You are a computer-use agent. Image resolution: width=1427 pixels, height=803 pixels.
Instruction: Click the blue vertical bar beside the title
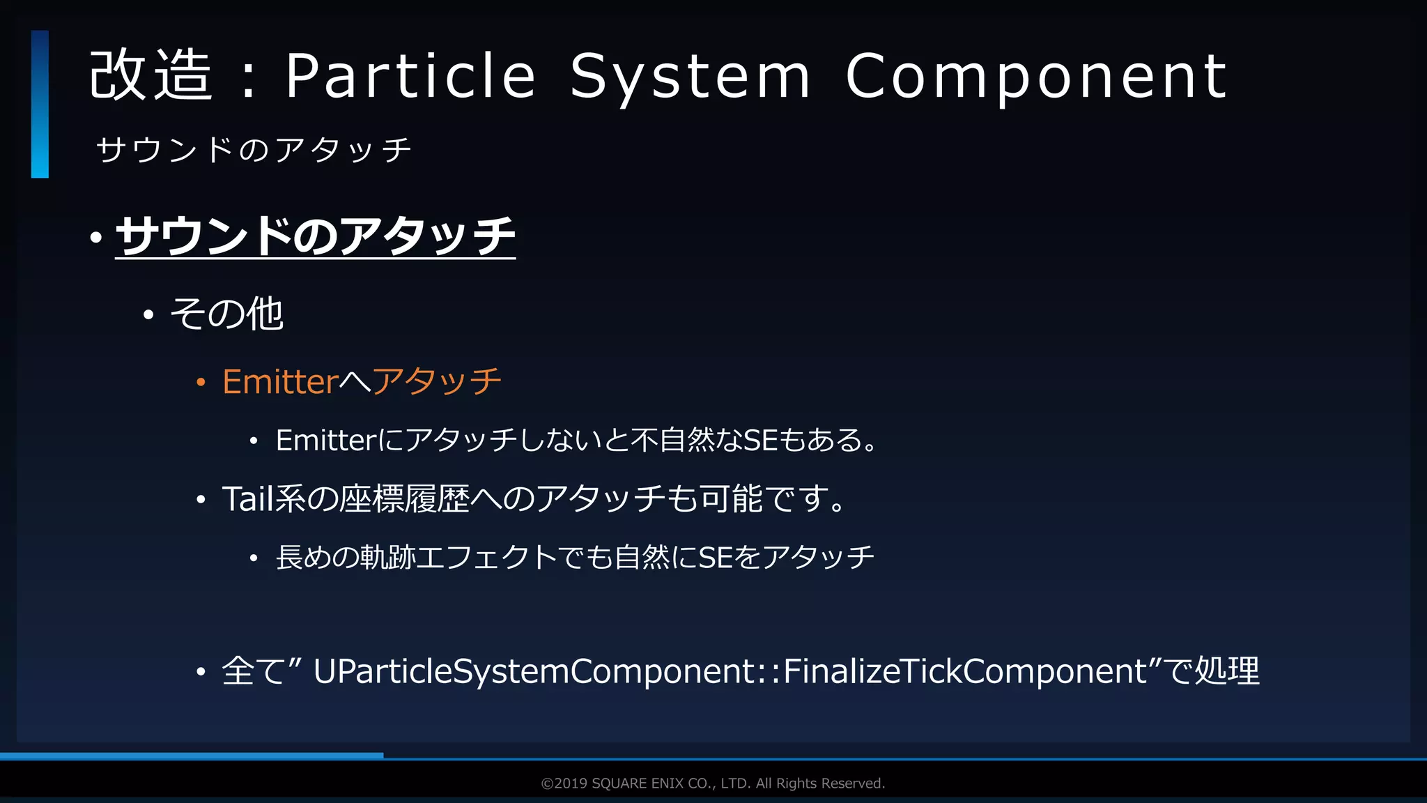[40, 104]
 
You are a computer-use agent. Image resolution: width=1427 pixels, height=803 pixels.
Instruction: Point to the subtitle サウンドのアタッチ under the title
[254, 150]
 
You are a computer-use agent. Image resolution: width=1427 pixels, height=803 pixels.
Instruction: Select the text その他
[226, 314]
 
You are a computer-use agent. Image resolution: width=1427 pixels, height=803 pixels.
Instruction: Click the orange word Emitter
[280, 381]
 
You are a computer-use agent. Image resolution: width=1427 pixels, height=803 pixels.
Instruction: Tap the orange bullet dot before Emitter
[201, 382]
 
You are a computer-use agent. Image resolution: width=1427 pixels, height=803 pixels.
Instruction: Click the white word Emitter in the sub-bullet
[326, 441]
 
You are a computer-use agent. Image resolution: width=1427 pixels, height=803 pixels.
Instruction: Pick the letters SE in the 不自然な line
[761, 441]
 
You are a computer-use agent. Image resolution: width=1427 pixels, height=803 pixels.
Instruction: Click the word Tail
[247, 499]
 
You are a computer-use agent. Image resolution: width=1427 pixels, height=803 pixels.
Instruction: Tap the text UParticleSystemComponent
[534, 671]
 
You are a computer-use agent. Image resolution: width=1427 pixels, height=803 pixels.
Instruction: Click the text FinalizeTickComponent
[965, 671]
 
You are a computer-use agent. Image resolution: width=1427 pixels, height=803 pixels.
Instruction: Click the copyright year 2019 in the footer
[571, 783]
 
